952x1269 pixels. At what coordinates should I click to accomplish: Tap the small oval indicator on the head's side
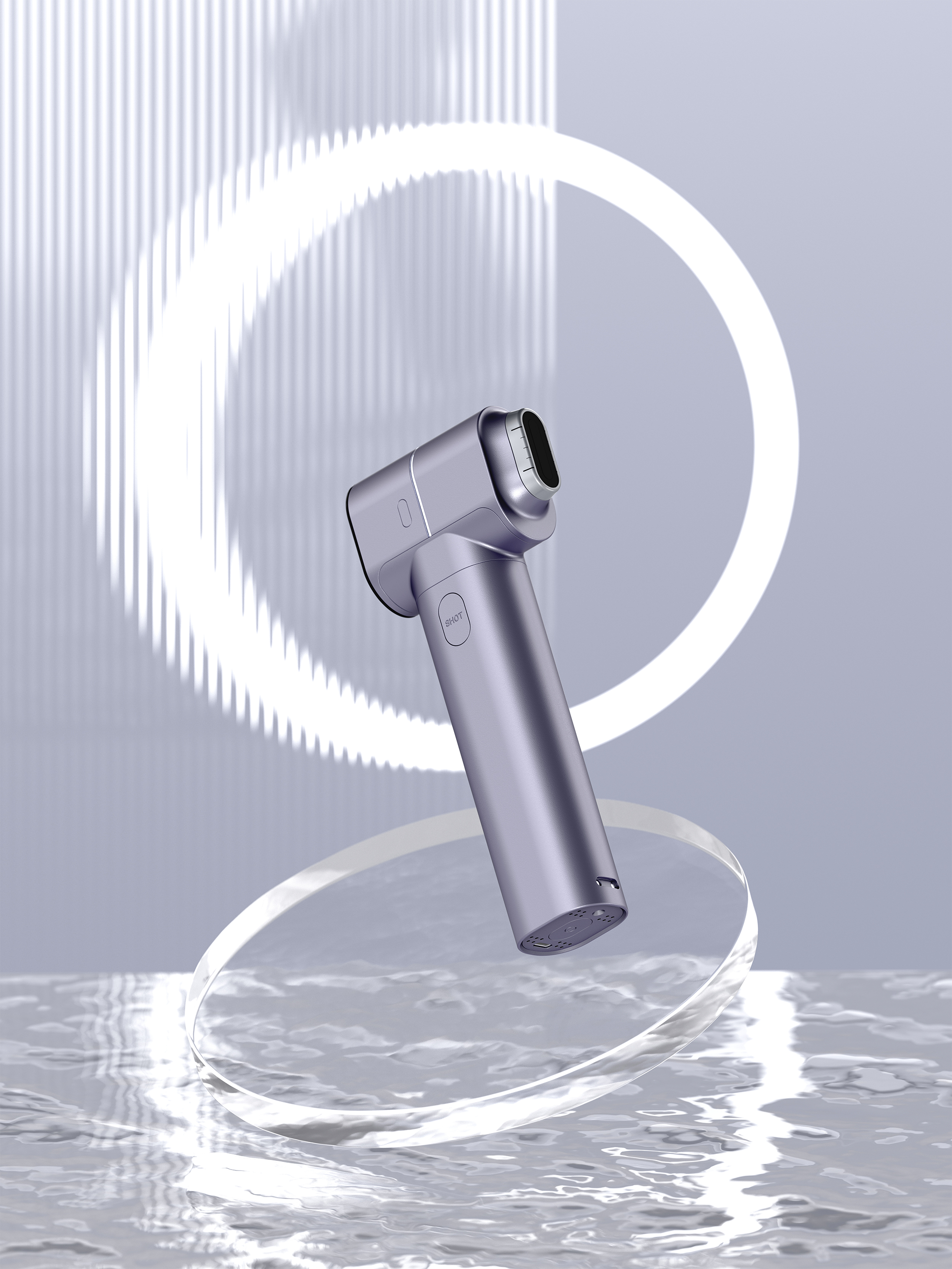pyautogui.click(x=403, y=512)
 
